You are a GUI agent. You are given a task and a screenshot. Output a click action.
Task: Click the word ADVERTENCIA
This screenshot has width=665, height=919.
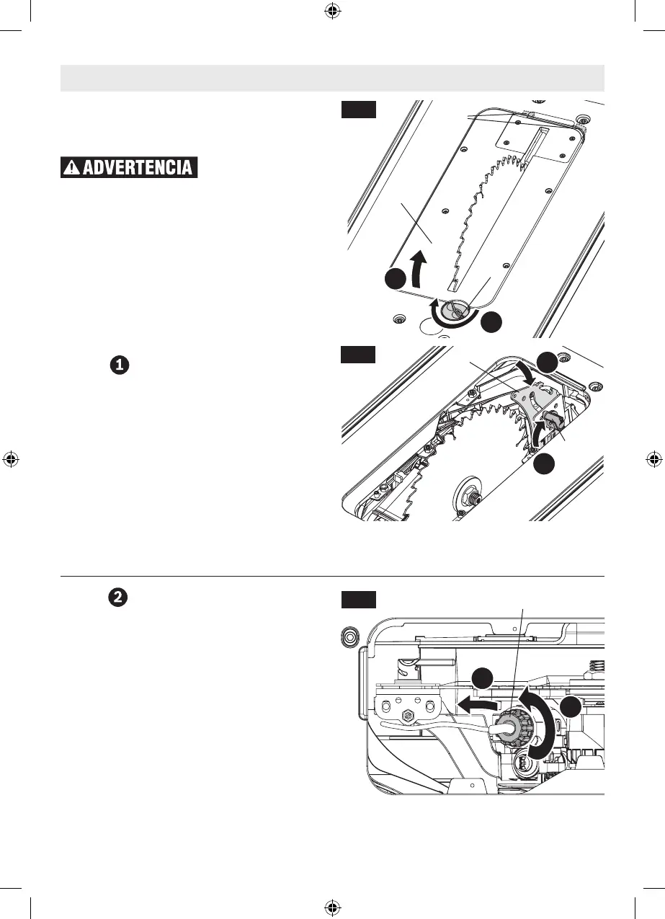point(138,168)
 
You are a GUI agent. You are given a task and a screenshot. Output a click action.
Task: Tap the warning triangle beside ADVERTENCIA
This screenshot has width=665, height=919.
point(72,168)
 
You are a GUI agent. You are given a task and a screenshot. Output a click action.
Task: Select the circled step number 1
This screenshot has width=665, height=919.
point(119,365)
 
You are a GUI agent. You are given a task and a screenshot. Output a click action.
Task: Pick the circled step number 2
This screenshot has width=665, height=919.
point(119,598)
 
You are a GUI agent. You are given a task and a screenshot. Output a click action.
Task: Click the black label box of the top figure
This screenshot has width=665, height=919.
point(358,110)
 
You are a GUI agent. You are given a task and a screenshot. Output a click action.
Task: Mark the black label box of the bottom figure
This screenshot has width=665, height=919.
point(358,599)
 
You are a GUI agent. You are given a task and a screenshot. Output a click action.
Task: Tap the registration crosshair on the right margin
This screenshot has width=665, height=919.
point(653,458)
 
